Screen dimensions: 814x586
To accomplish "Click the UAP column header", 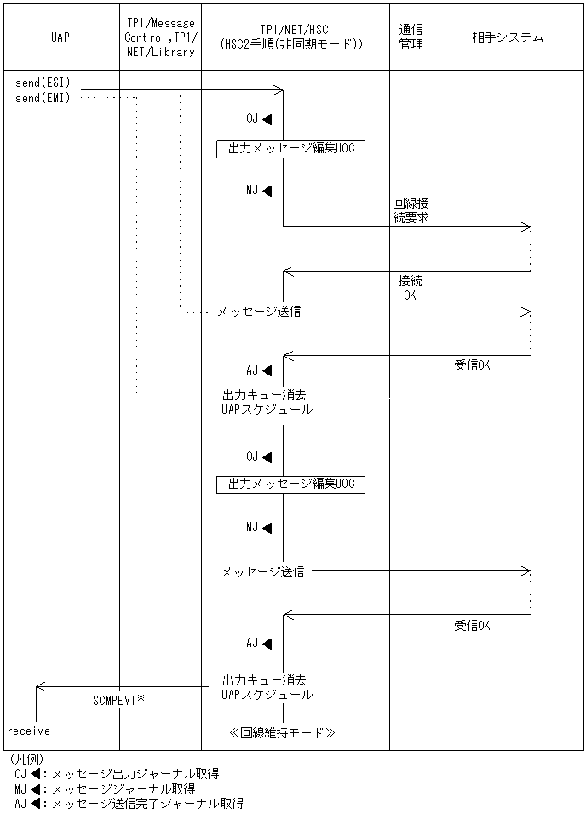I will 60,37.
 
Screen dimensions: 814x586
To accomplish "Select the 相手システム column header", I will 508,37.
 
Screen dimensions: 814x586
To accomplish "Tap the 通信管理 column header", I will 411,37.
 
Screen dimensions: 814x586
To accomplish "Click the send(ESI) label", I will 43,83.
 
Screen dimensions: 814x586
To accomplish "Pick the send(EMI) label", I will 43,98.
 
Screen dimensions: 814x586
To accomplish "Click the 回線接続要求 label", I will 411,211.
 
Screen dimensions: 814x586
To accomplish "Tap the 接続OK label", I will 410,288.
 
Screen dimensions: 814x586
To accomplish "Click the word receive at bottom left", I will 29,731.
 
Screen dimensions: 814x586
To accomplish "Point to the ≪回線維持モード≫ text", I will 282,731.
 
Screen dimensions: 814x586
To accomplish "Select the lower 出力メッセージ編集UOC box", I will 290,484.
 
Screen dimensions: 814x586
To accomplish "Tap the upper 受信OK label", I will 472,365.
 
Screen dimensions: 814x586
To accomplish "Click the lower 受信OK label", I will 472,626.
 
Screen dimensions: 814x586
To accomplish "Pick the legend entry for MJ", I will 106,788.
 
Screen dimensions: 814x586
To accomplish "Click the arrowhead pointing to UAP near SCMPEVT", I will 40,687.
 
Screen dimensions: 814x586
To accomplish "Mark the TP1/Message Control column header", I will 159,37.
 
